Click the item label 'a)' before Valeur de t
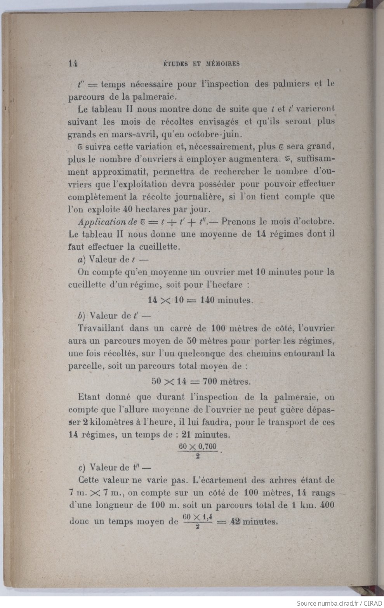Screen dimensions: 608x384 [82, 259]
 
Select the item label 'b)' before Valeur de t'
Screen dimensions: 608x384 [82, 316]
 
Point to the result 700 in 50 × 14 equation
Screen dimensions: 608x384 [210, 381]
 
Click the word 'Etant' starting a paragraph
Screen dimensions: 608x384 [89, 397]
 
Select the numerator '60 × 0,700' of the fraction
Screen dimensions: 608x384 [198, 446]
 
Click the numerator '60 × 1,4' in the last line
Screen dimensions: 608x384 [198, 518]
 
